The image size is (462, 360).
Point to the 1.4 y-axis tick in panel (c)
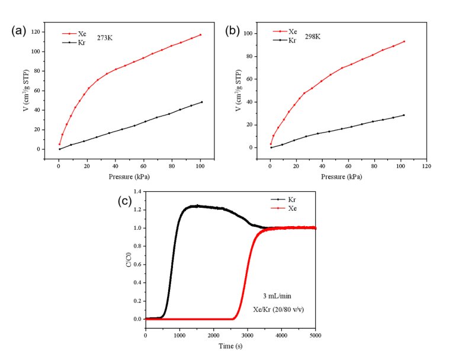137,192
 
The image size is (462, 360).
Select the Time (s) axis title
231,346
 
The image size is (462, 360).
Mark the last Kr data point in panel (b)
404,115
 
